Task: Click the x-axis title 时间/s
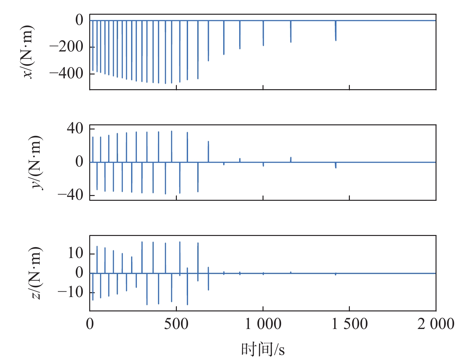click(x=263, y=349)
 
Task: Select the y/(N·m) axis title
click(x=36, y=162)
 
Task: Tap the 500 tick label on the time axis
click(x=176, y=324)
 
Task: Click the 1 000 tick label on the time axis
click(x=263, y=324)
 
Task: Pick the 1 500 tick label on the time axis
click(x=350, y=324)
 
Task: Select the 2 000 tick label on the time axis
click(x=436, y=324)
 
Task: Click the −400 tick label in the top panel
click(x=67, y=74)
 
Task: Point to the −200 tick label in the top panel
click(x=67, y=47)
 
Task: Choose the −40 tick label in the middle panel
click(x=71, y=195)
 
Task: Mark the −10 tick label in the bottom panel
click(x=71, y=292)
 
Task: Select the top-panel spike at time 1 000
click(x=263, y=34)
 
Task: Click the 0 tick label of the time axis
click(x=90, y=324)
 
